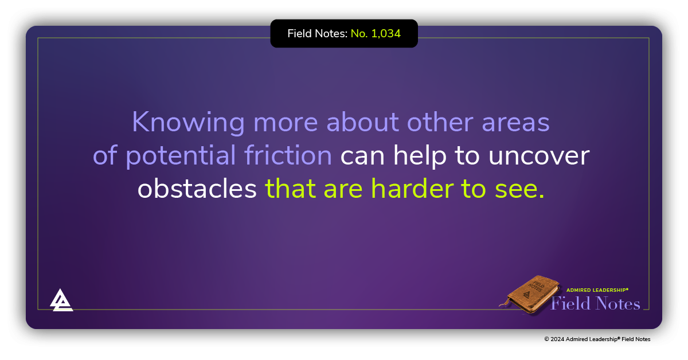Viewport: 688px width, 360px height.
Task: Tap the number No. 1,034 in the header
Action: click(376, 34)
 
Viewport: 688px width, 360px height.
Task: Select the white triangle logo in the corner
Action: click(61, 300)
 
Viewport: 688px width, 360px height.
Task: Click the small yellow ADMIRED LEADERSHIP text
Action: click(597, 290)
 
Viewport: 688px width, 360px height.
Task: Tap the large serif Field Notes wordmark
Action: click(595, 303)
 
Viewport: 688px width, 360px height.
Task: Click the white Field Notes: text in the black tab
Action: click(317, 34)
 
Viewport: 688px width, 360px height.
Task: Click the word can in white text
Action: click(359, 156)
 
